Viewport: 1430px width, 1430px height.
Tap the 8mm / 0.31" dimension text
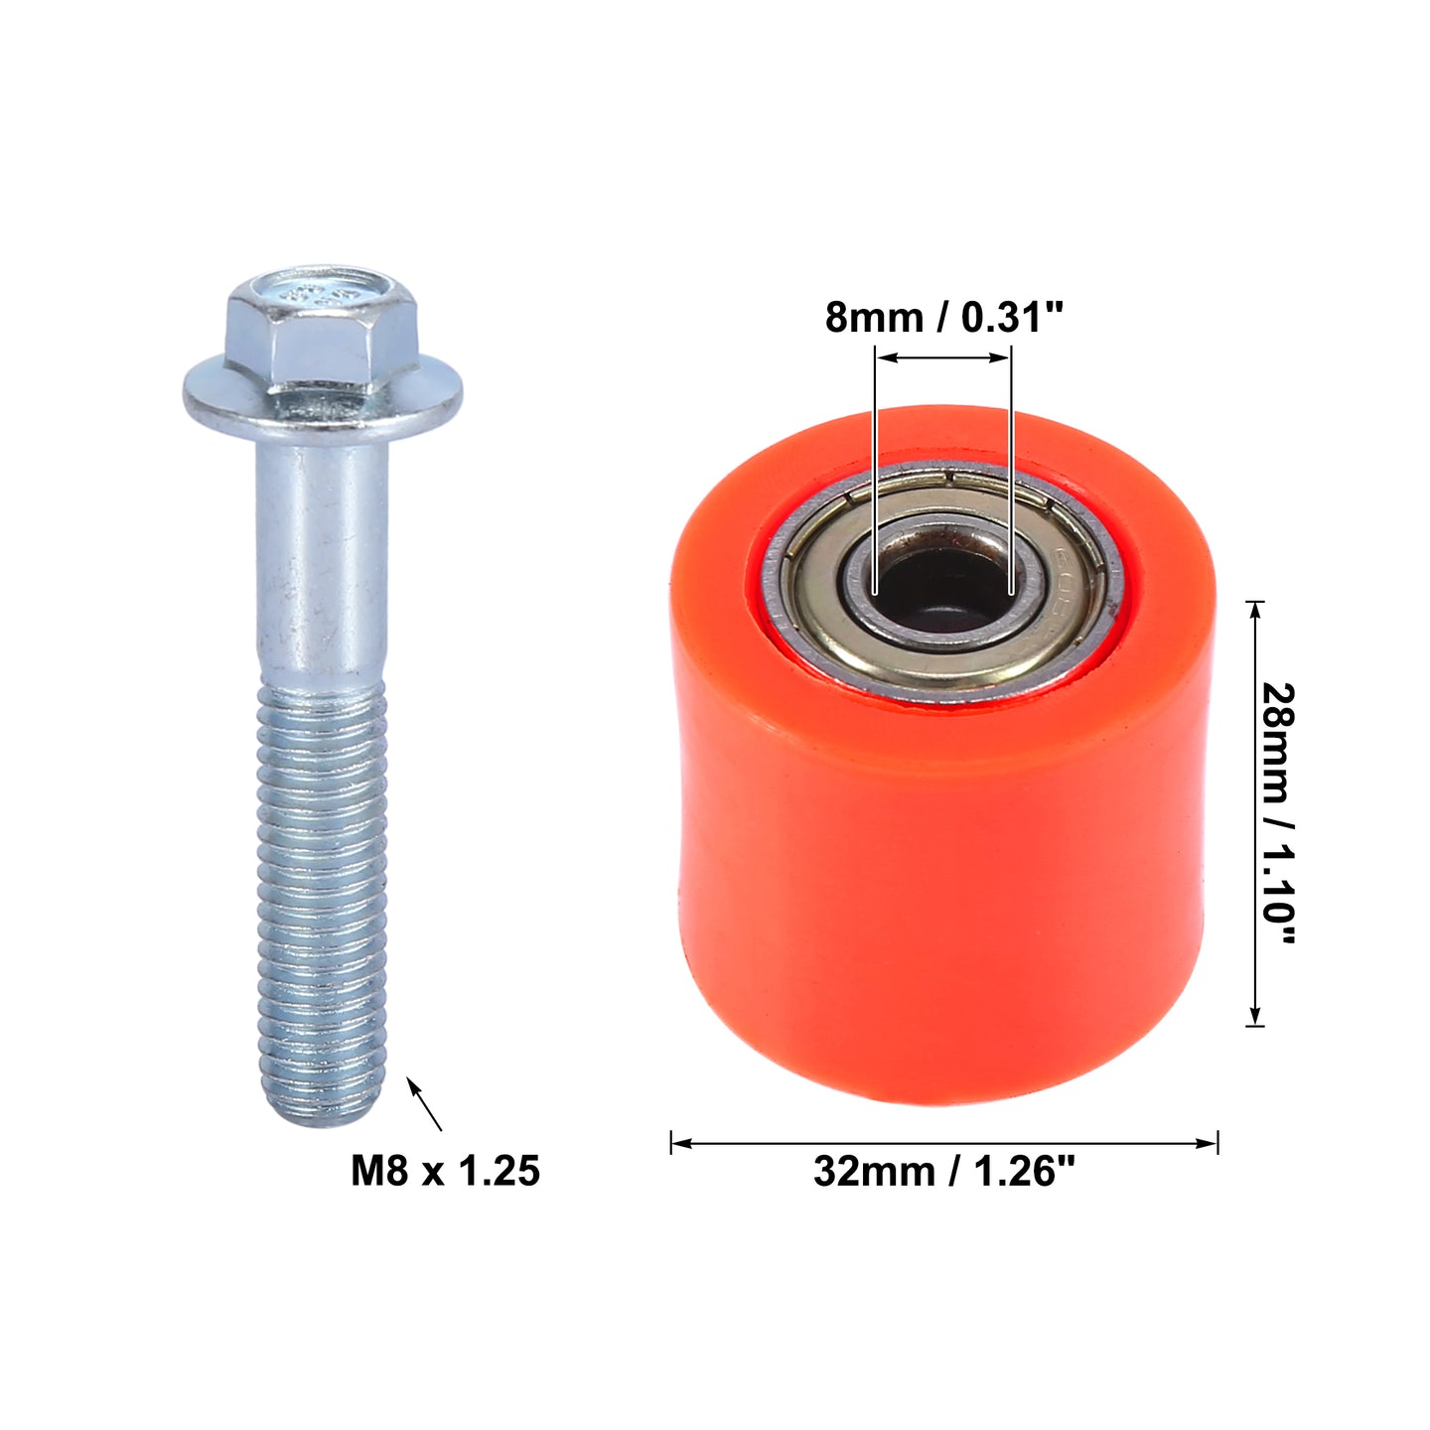(944, 319)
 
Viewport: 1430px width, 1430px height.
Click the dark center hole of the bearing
(942, 586)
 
